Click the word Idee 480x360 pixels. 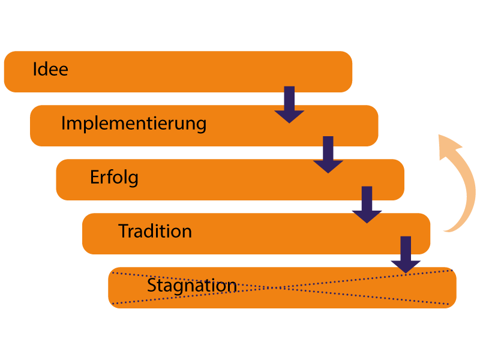50,69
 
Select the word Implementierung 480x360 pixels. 134,124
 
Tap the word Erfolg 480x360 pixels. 114,178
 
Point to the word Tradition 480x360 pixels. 155,231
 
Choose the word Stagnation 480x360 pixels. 192,286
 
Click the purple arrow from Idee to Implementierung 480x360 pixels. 289,106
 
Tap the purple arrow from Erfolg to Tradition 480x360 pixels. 367,205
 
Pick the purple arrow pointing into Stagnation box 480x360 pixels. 406,256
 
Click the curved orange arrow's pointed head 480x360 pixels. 446,145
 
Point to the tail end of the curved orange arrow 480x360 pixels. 446,229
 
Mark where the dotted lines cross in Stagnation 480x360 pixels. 282,287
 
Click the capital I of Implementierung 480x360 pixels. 64,124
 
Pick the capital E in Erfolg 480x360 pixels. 95,178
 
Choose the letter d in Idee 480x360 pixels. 43,69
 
